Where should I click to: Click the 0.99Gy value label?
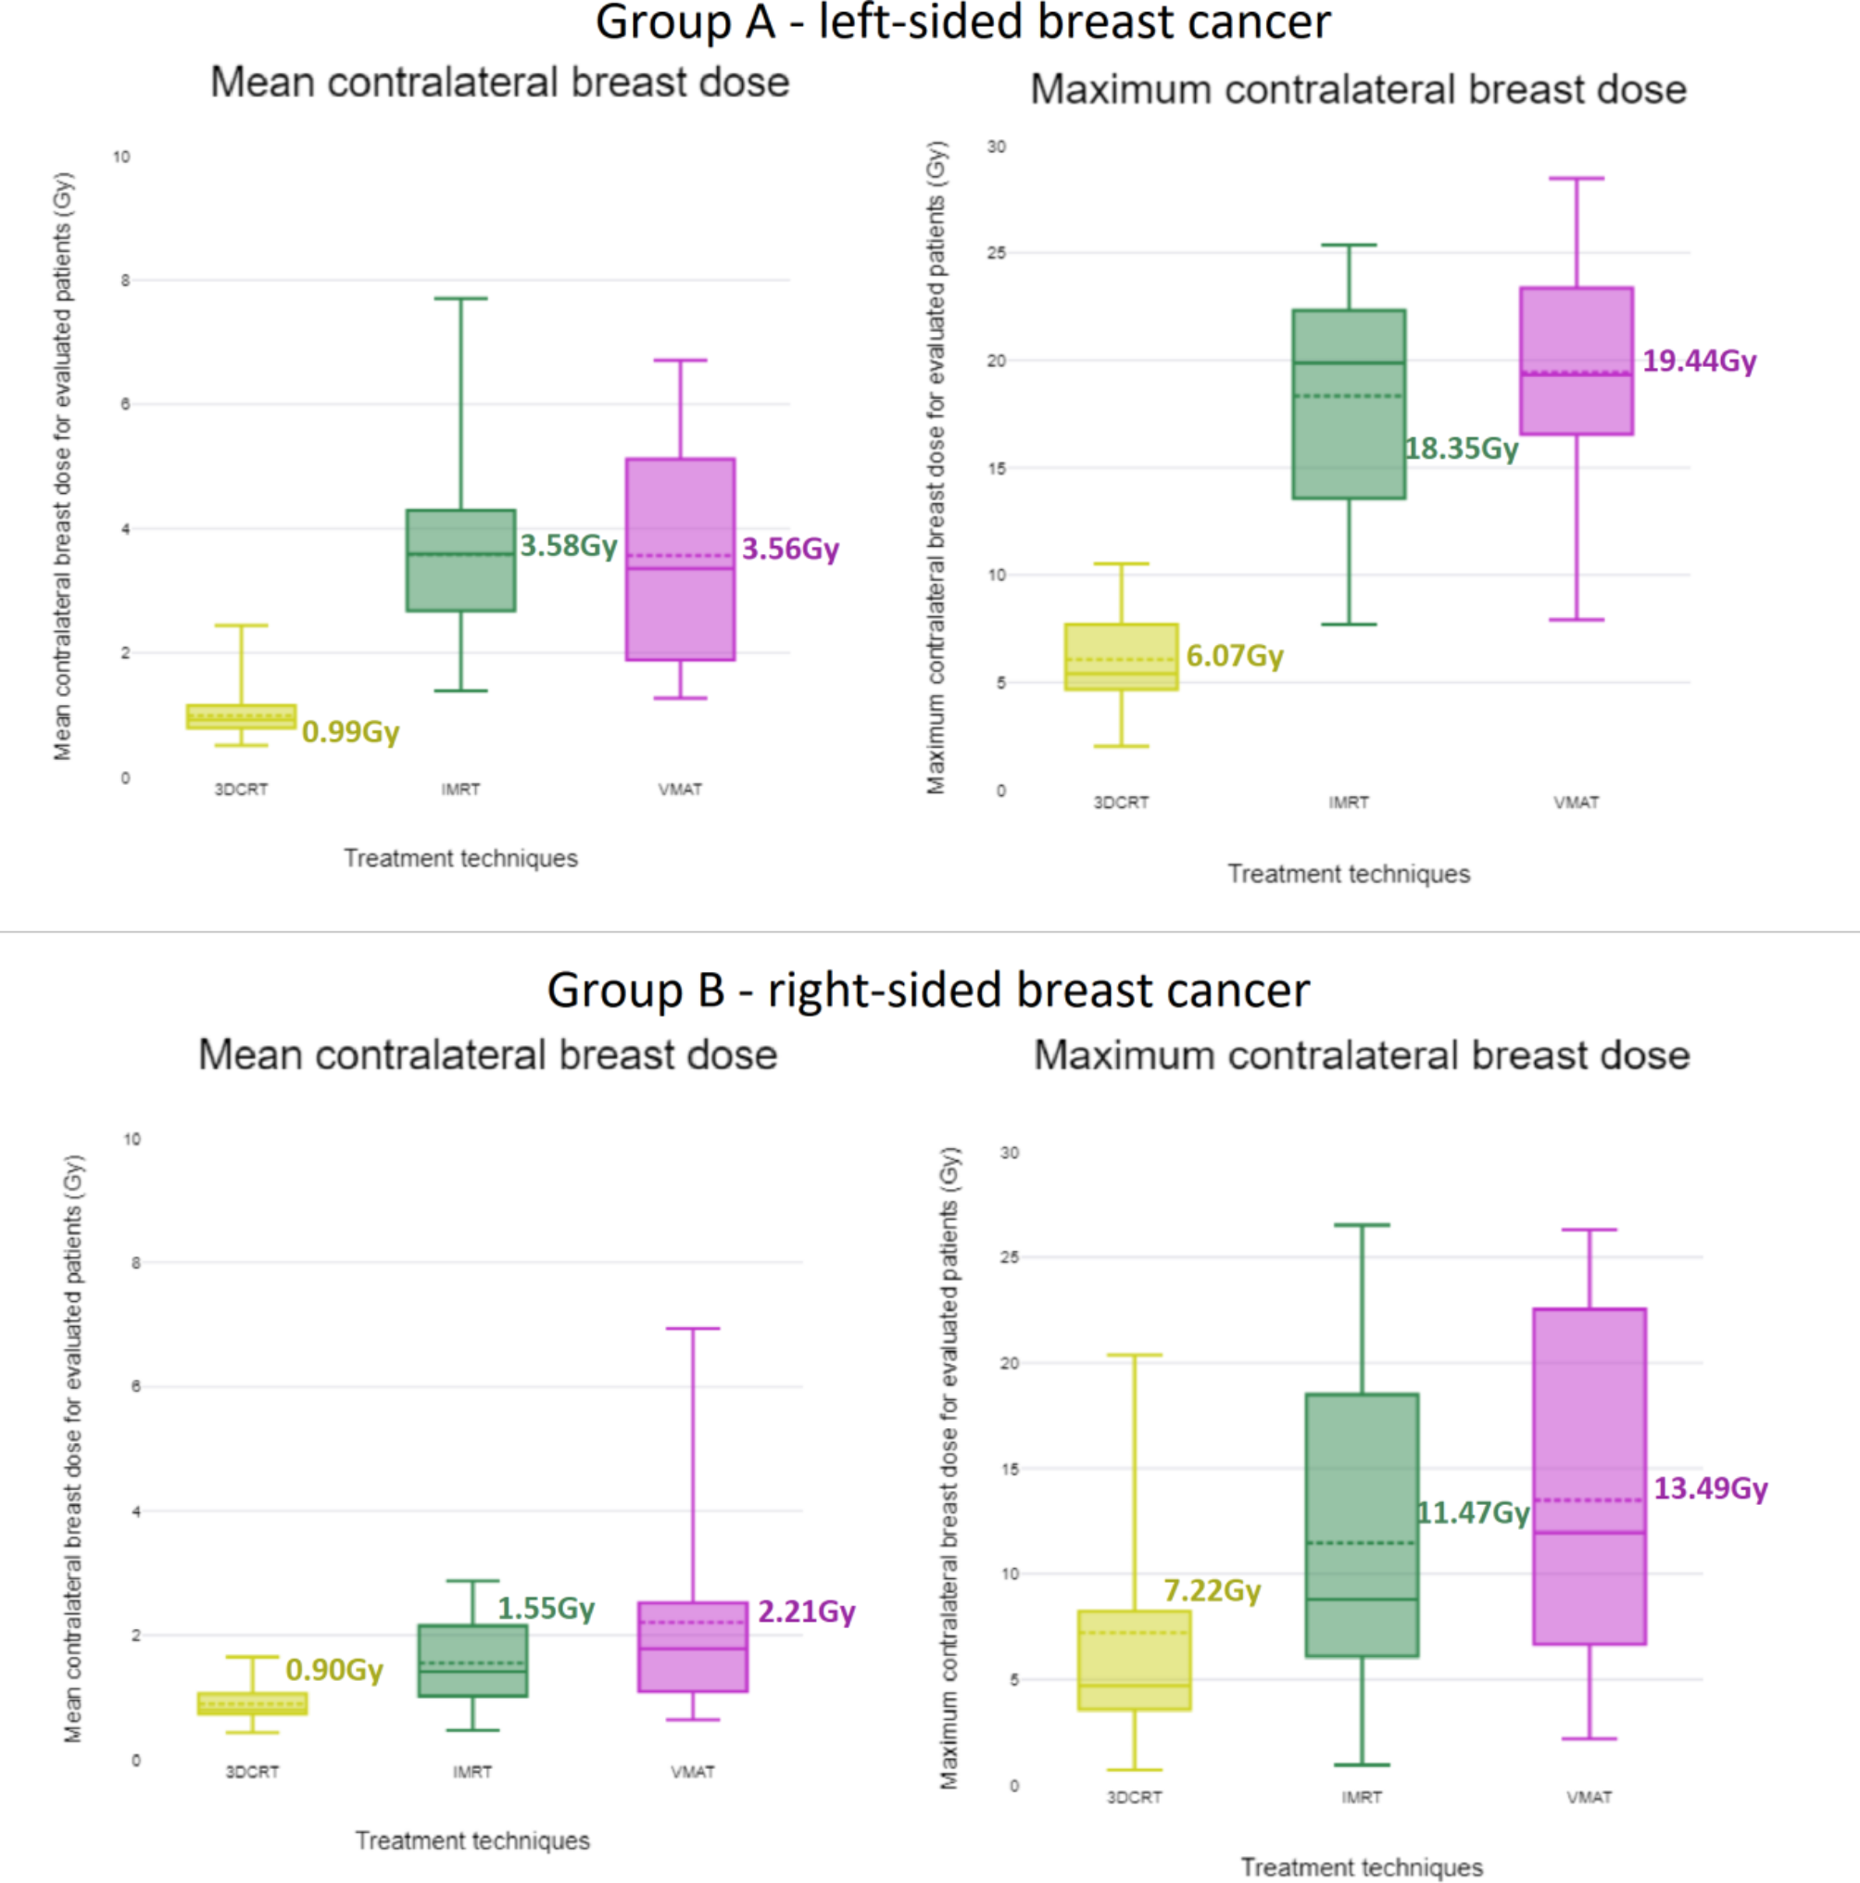[x=351, y=731]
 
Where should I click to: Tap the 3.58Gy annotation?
[x=568, y=545]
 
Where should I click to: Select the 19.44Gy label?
[x=1699, y=360]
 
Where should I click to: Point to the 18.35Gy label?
[x=1461, y=449]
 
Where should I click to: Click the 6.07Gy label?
[x=1235, y=655]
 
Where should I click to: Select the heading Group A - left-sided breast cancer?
[x=962, y=22]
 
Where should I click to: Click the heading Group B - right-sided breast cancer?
[x=927, y=990]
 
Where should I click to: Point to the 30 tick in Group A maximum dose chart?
[x=997, y=146]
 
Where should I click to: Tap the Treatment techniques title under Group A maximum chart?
[x=1349, y=873]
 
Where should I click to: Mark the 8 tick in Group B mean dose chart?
[x=135, y=1262]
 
